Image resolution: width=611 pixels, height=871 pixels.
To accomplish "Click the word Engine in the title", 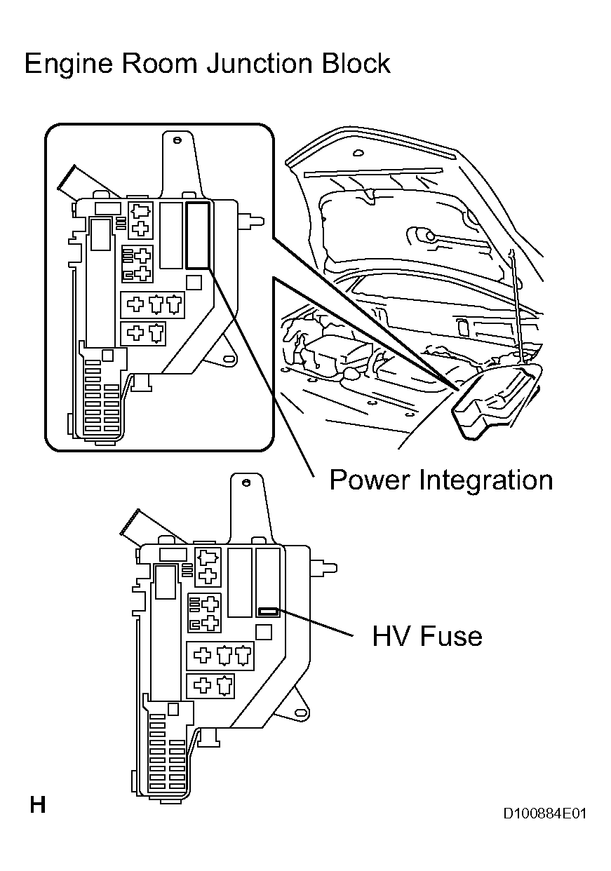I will pyautogui.click(x=67, y=65).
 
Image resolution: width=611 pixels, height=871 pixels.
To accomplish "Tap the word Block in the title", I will pyautogui.click(x=355, y=65).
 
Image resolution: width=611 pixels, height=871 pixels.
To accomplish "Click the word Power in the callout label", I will pyautogui.click(x=370, y=480).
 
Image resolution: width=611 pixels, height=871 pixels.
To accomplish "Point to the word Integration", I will pyautogui.click(x=486, y=480).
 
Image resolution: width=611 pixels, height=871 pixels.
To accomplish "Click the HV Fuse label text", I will pyautogui.click(x=427, y=636).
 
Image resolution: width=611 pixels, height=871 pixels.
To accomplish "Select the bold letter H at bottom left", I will pyautogui.click(x=37, y=804).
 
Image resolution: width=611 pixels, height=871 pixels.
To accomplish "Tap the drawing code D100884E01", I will pyautogui.click(x=544, y=813).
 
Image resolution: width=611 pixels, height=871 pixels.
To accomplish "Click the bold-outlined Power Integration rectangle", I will pyautogui.click(x=198, y=235).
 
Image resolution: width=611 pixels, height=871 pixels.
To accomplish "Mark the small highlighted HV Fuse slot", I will pyautogui.click(x=268, y=612).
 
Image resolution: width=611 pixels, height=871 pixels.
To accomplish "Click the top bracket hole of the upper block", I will pyautogui.click(x=178, y=141).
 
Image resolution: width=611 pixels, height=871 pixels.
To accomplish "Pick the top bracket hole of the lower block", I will pyautogui.click(x=248, y=485).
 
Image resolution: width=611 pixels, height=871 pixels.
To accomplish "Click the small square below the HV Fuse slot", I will pyautogui.click(x=264, y=632).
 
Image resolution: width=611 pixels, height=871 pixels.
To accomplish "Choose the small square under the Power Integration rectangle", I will pyautogui.click(x=194, y=282).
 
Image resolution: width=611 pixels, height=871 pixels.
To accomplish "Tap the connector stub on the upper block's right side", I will pyautogui.click(x=253, y=221).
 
